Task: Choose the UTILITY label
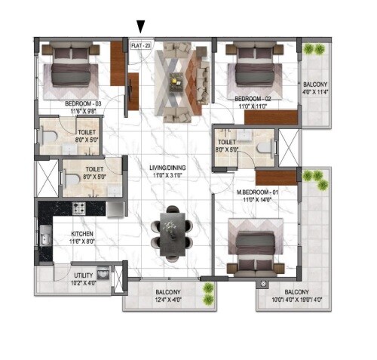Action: pos(84,275)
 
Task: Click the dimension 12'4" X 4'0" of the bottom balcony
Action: pos(167,300)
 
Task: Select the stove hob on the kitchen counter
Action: pos(78,208)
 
